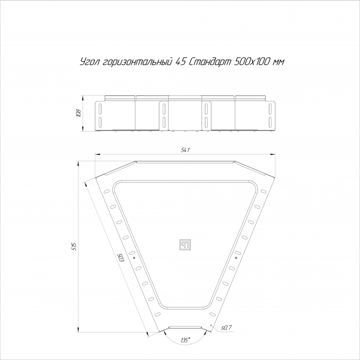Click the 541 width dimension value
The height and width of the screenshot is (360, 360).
[185, 150]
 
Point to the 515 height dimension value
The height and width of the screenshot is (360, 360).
[74, 246]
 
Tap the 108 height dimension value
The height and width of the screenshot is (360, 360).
[78, 114]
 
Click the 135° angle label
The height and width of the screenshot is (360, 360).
[185, 340]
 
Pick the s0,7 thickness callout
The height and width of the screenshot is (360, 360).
[226, 328]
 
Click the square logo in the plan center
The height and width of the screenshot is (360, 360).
[186, 244]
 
